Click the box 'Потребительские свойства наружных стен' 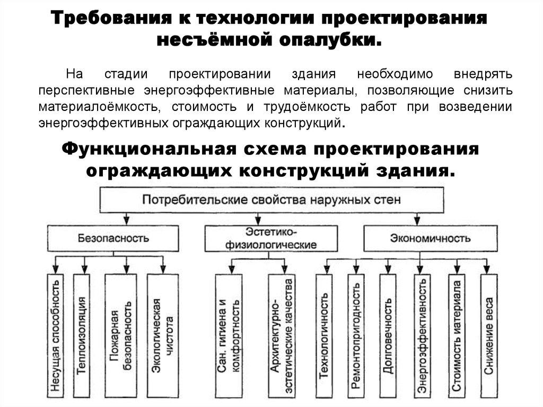click(269, 200)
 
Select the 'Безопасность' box click(113, 238)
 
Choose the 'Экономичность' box click(431, 238)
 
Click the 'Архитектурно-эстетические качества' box click(282, 335)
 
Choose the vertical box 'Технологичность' click(324, 335)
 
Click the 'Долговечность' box click(388, 335)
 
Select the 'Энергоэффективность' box click(422, 335)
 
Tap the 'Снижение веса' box click(489, 335)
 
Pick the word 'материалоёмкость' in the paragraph click(98, 107)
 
